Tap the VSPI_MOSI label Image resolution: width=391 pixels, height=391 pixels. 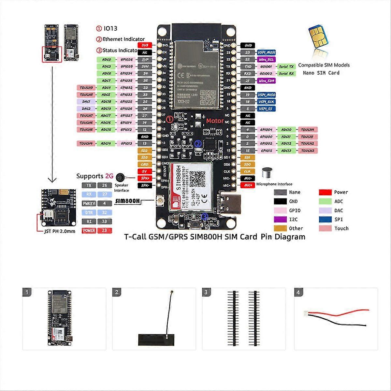pos(267,52)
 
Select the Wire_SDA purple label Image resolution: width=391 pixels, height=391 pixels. pos(267,80)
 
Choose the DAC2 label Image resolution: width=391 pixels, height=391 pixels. pos(86,109)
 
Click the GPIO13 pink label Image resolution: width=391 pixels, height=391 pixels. pos(126,143)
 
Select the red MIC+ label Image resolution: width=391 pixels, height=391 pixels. pos(248,185)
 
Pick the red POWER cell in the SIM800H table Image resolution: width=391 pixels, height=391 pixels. pos(89,231)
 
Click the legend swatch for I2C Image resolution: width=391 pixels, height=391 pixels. pos(280,220)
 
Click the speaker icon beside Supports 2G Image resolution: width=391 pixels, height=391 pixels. pos(121,177)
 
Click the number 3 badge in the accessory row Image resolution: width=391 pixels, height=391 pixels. pos(206,292)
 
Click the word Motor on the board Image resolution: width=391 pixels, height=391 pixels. pos(214,121)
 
